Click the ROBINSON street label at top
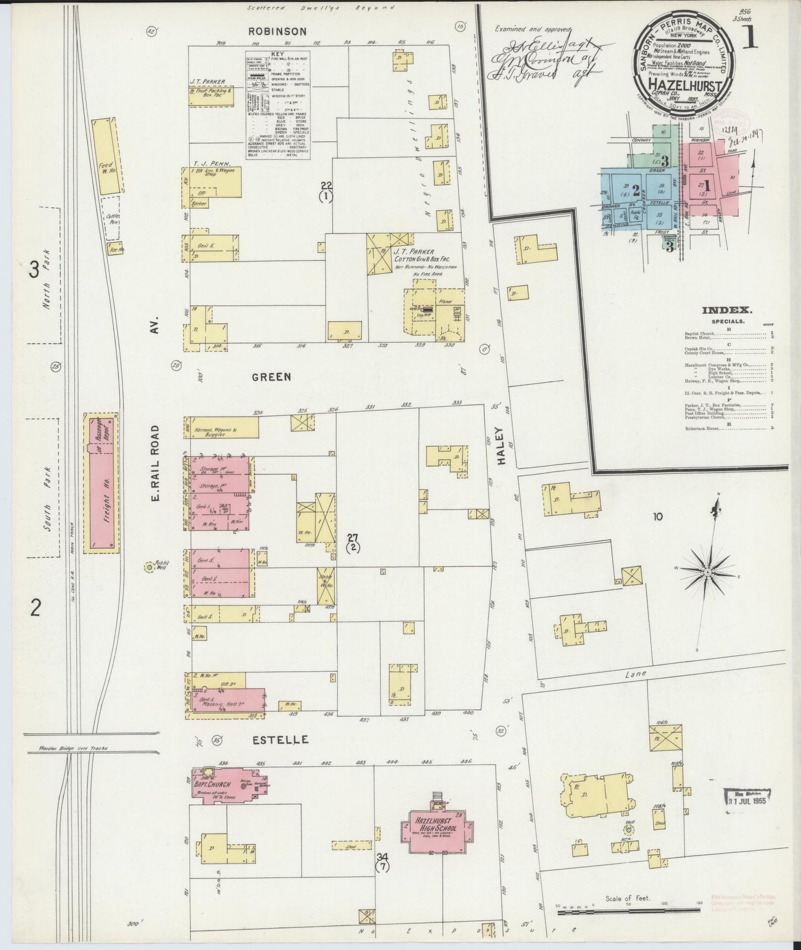pos(277,31)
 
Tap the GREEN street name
pos(271,377)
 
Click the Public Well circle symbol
pos(149,567)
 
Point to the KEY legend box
pos(278,105)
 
